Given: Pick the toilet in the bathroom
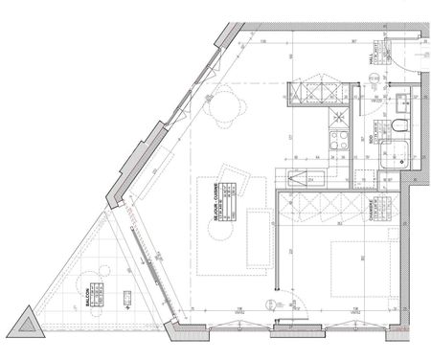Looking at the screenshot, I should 400,128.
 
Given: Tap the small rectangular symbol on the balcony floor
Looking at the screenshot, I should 126,299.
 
